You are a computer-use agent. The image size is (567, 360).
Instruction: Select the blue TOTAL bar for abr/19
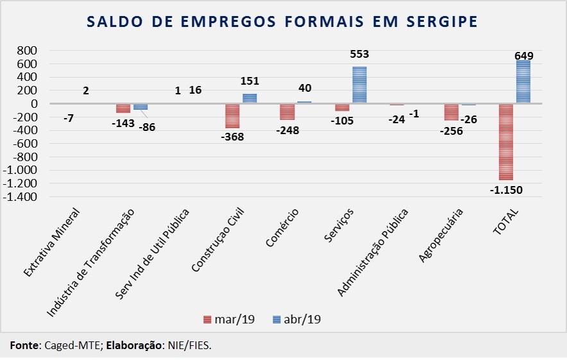[523, 81]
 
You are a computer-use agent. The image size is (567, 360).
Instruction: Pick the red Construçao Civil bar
[232, 116]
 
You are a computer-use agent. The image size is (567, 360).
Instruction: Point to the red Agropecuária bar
[451, 112]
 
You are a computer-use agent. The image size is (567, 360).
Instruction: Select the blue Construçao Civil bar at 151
[250, 98]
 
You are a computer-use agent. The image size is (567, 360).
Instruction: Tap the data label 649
[523, 56]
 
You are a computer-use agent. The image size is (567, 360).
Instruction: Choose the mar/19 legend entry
[230, 319]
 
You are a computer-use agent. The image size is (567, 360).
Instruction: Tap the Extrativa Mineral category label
[52, 242]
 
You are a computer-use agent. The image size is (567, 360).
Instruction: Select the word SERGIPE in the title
[443, 22]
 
